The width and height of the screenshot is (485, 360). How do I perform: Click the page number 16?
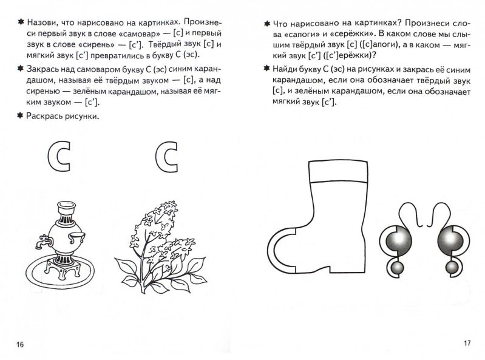(x=19, y=345)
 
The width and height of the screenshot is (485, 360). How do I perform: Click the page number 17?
(x=467, y=343)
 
